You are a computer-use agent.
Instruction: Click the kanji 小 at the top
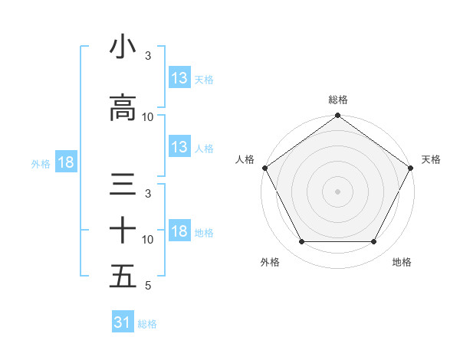pyautogui.click(x=123, y=47)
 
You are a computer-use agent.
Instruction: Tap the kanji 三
pyautogui.click(x=123, y=185)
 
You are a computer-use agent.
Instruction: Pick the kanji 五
pyautogui.click(x=123, y=277)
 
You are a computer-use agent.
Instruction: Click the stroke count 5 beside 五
pyautogui.click(x=147, y=286)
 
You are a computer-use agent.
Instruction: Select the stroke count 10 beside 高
pyautogui.click(x=148, y=117)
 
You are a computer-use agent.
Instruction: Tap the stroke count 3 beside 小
pyautogui.click(x=147, y=56)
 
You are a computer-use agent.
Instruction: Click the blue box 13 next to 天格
pyautogui.click(x=179, y=78)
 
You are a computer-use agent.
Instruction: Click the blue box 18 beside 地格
pyautogui.click(x=179, y=232)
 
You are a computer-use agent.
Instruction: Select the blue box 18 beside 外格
pyautogui.click(x=66, y=162)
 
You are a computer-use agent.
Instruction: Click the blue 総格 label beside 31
pyautogui.click(x=147, y=324)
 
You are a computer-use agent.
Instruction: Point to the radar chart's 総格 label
pyautogui.click(x=337, y=100)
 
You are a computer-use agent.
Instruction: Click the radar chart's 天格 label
pyautogui.click(x=431, y=159)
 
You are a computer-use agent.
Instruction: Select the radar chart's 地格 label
pyautogui.click(x=402, y=262)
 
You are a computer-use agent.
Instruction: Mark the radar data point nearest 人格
pyautogui.click(x=264, y=168)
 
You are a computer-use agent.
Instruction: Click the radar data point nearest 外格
pyautogui.click(x=301, y=242)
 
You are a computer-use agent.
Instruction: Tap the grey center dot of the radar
pyautogui.click(x=337, y=191)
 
